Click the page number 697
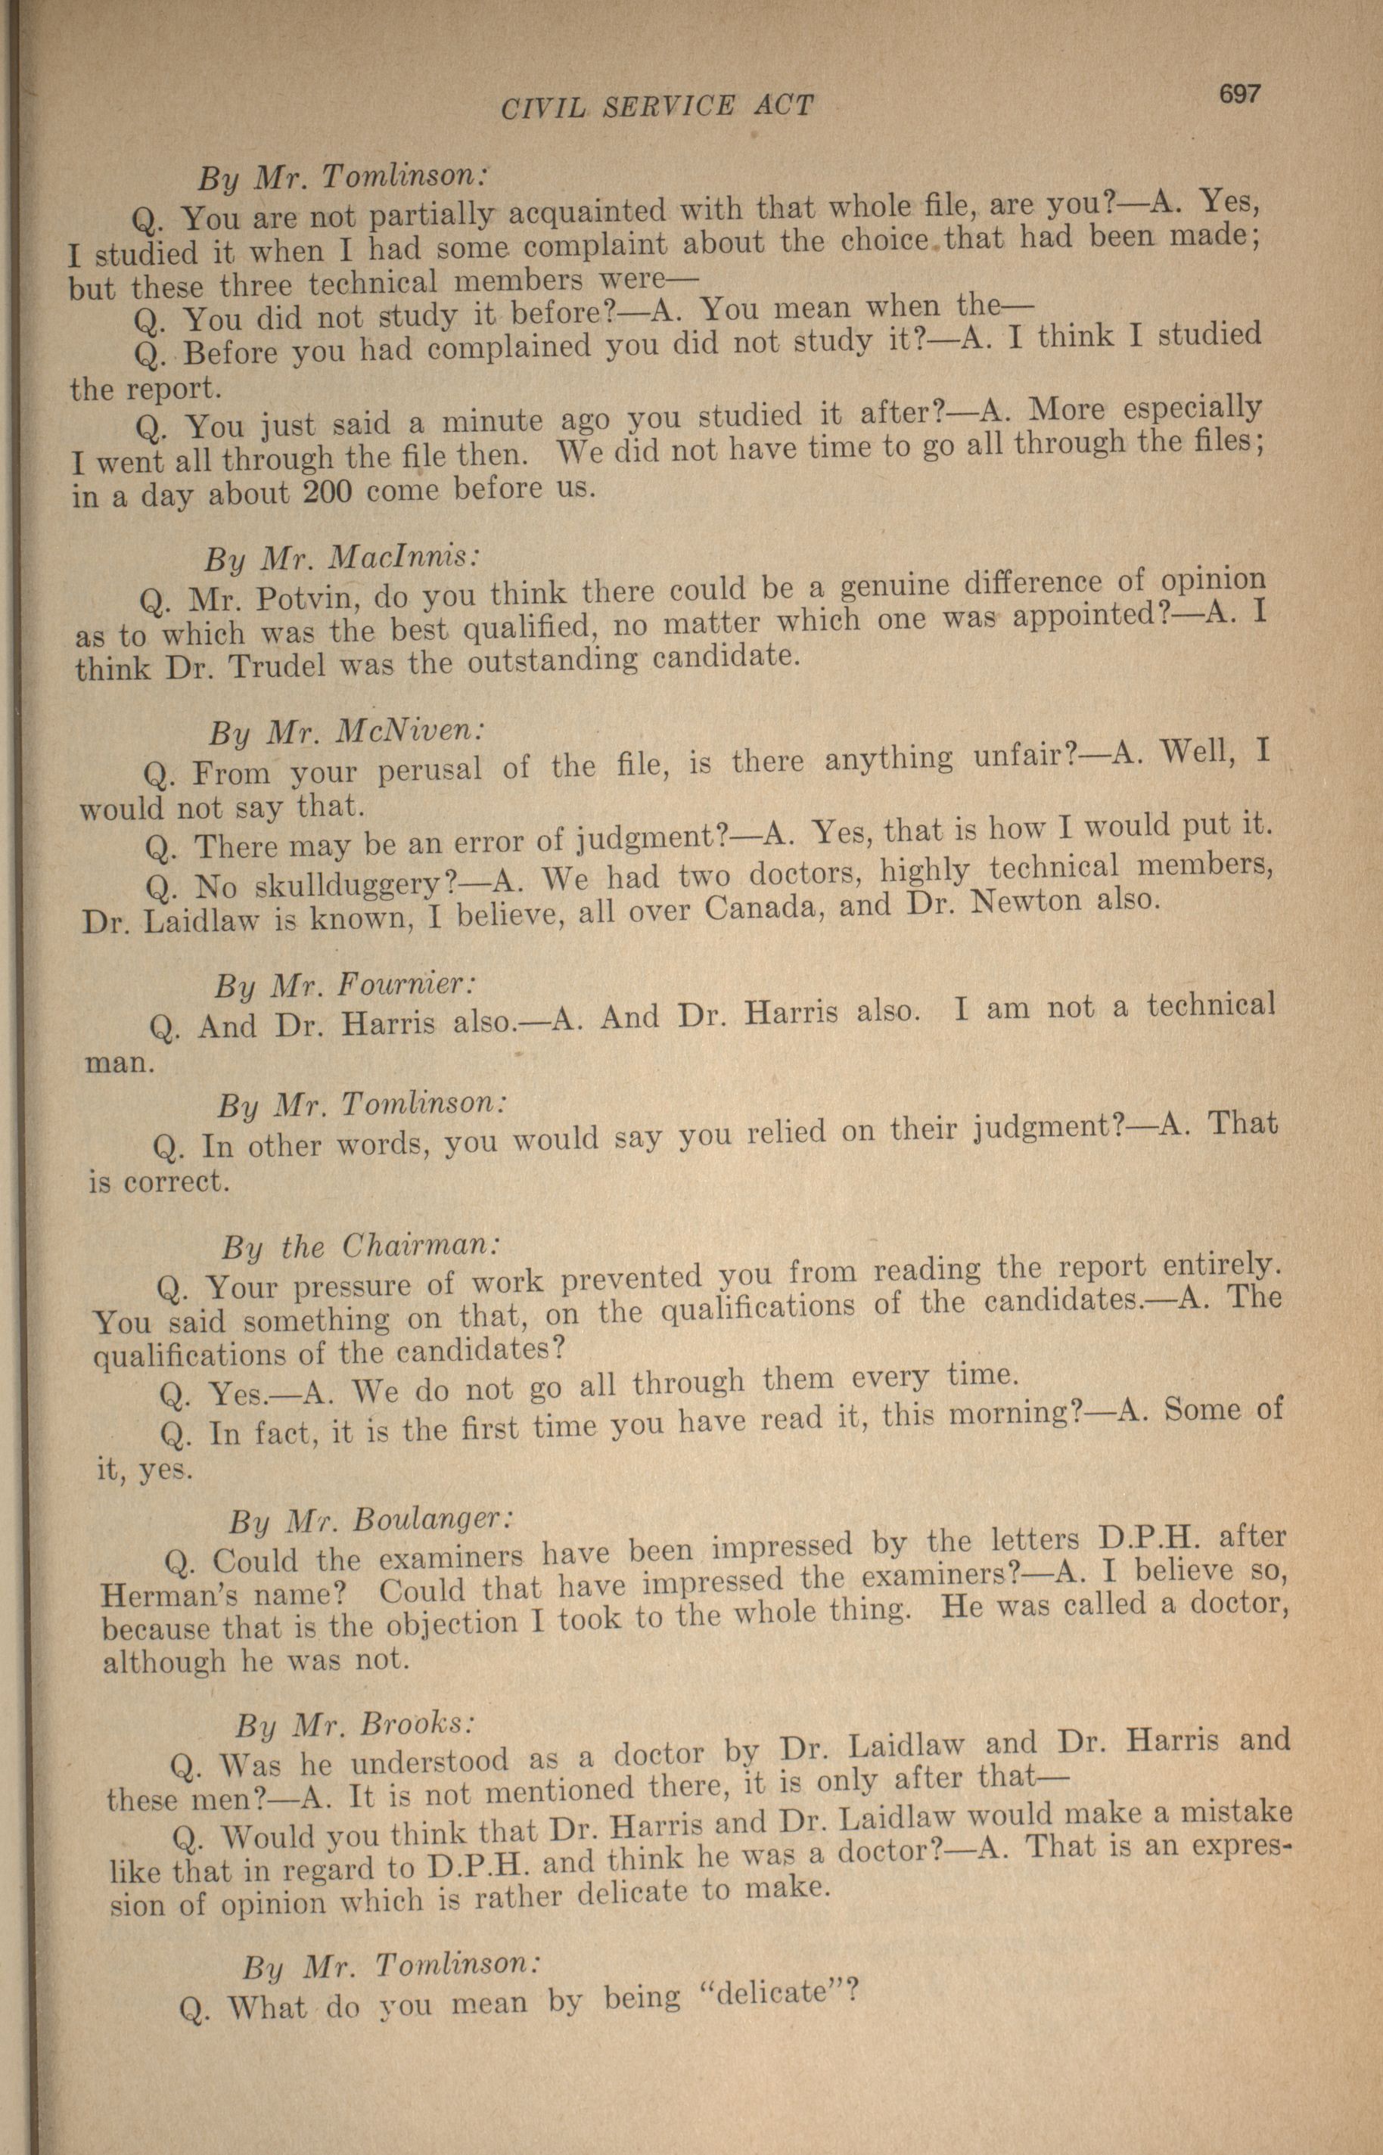pyautogui.click(x=1239, y=93)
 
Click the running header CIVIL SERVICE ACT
pyautogui.click(x=657, y=107)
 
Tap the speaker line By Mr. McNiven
pyautogui.click(x=347, y=731)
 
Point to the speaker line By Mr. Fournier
pyautogui.click(x=344, y=985)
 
